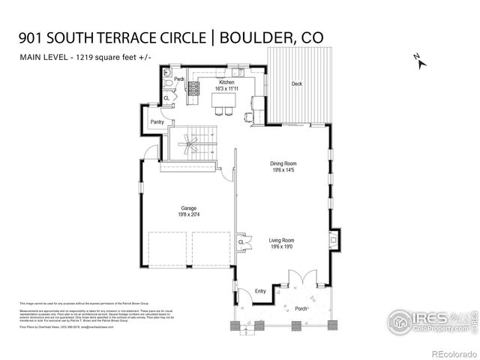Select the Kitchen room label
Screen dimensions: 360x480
click(x=227, y=82)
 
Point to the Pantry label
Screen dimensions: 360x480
click(x=157, y=121)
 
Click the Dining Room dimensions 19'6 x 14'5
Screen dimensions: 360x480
click(x=283, y=170)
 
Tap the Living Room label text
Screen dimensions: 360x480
click(x=283, y=240)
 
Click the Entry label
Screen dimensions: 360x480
click(x=260, y=291)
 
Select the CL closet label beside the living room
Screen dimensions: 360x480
click(x=241, y=242)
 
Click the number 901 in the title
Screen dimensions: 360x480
click(x=33, y=37)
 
